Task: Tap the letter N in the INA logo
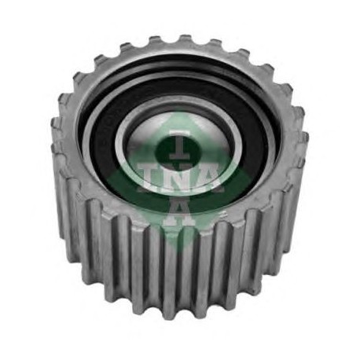[x=179, y=176]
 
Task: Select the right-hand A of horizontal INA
[x=211, y=176]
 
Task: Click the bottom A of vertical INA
[x=179, y=214]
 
